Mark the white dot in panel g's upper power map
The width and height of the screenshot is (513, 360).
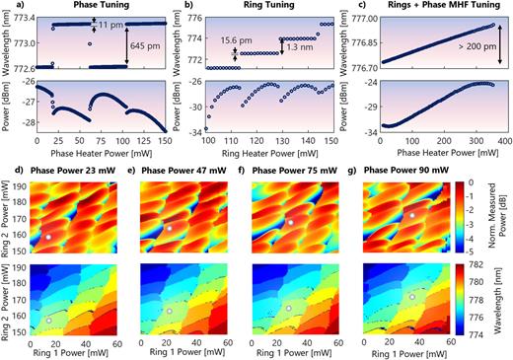412,214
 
